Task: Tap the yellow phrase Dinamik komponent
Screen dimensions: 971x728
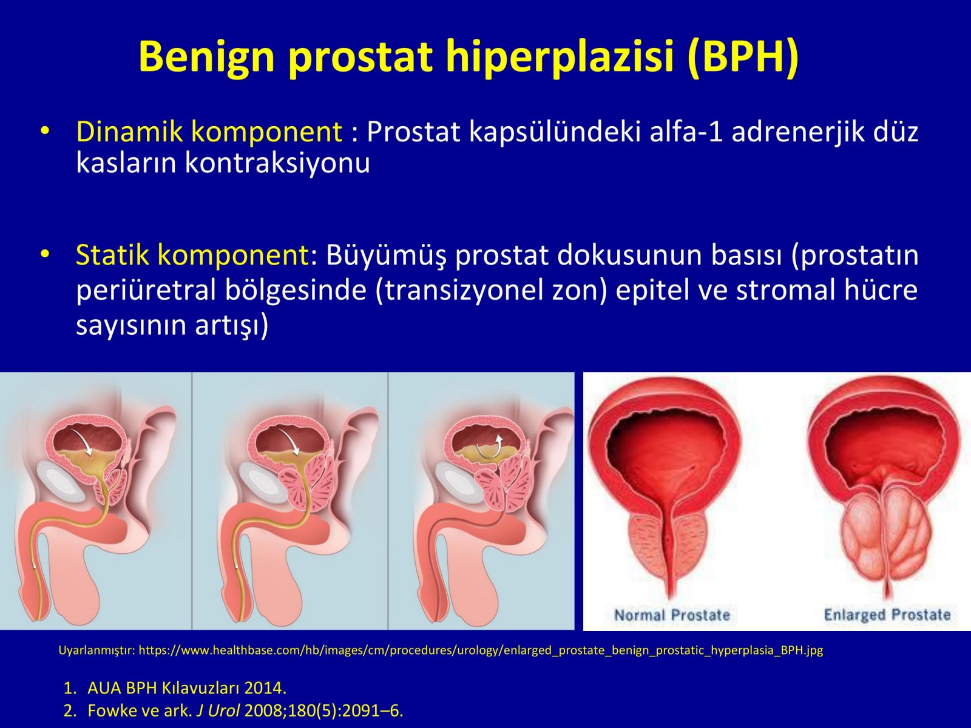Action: [x=209, y=132]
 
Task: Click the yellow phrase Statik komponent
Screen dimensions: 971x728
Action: [x=192, y=255]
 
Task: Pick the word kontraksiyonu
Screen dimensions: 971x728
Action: [x=277, y=163]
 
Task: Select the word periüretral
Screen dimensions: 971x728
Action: [x=146, y=291]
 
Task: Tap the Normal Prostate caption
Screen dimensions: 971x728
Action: [x=672, y=615]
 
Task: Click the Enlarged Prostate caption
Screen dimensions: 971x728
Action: [x=887, y=615]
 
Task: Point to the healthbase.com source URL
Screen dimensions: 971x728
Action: [x=481, y=650]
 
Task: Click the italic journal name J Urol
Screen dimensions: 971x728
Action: [x=218, y=710]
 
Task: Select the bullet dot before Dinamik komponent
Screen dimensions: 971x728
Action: [x=44, y=132]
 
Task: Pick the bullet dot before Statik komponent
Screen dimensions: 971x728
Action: [x=44, y=255]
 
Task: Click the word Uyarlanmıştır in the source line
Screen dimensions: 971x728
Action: [x=96, y=650]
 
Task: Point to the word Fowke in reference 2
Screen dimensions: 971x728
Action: [x=112, y=710]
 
